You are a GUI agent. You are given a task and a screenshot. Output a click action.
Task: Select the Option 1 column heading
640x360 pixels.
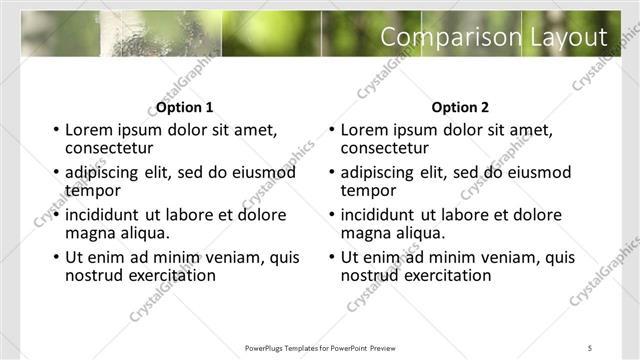[x=185, y=107]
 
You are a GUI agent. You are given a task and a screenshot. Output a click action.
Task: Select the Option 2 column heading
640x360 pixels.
[x=461, y=107]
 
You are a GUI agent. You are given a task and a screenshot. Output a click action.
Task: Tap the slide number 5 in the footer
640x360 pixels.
[x=590, y=347]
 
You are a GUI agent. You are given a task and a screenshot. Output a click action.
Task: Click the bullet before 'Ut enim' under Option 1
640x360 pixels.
[x=57, y=258]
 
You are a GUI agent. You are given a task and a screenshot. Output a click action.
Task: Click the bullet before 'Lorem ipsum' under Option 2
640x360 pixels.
[x=332, y=130]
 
